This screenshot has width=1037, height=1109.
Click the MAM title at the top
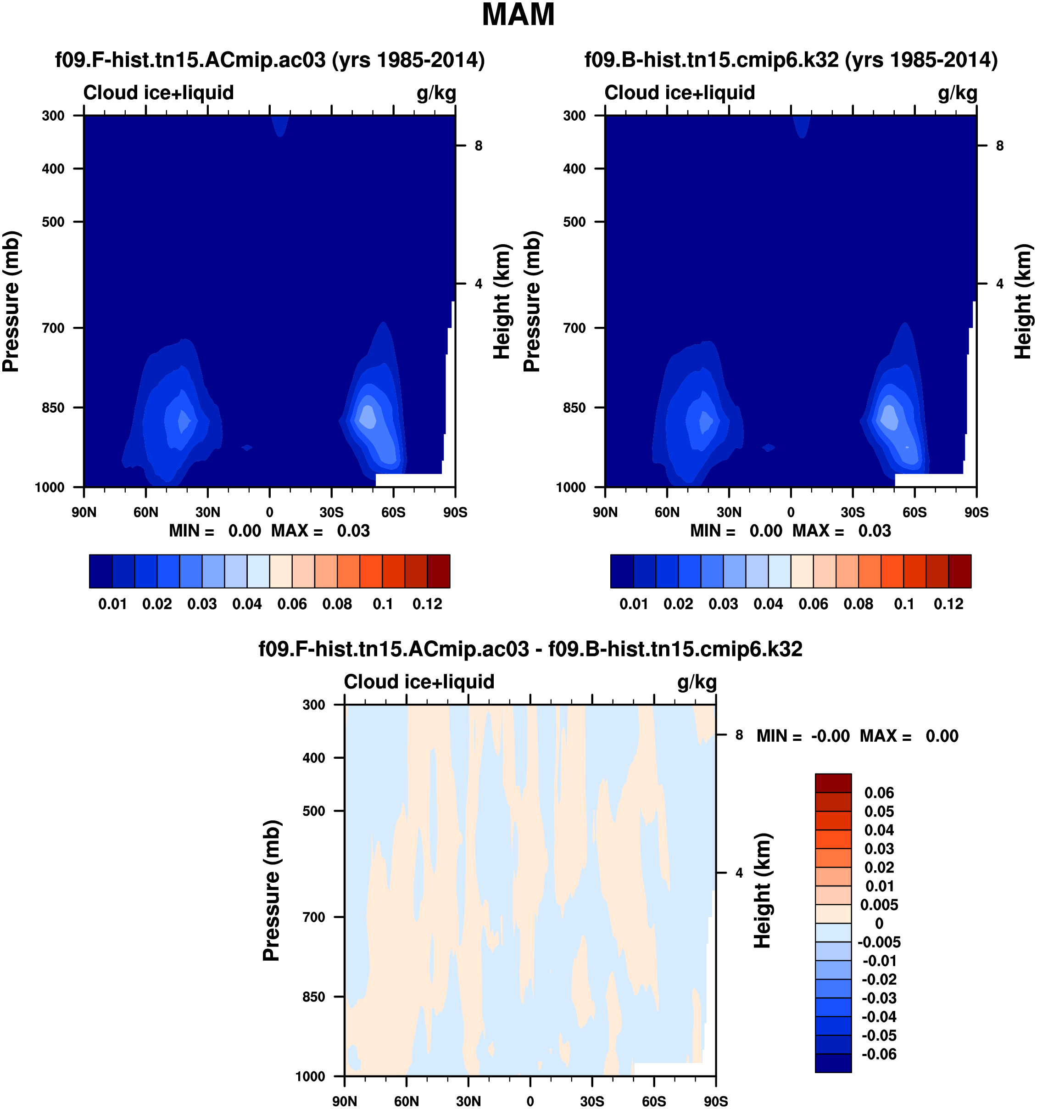pos(518,15)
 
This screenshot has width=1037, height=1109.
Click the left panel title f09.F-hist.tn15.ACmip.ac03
pos(270,60)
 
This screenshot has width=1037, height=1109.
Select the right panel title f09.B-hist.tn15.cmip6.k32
pos(791,60)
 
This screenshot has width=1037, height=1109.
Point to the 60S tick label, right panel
pos(914,512)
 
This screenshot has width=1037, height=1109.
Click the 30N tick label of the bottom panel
pos(468,1101)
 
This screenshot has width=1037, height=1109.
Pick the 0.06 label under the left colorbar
pos(292,604)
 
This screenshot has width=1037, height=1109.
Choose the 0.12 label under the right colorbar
pos(948,604)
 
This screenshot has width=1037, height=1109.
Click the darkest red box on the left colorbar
pos(438,571)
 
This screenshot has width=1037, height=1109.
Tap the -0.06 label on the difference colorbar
pos(879,1054)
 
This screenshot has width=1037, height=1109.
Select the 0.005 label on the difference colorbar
pos(879,905)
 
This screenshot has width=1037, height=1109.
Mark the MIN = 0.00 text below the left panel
pos(215,531)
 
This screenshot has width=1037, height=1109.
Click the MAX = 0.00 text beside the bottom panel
pos(909,736)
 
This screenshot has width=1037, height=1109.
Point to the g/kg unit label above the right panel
pos(957,93)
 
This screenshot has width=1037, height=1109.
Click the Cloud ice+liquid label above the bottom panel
pos(419,682)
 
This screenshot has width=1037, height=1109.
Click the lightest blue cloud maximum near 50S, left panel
pos(368,416)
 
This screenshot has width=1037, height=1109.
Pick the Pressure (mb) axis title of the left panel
pos(11,301)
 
